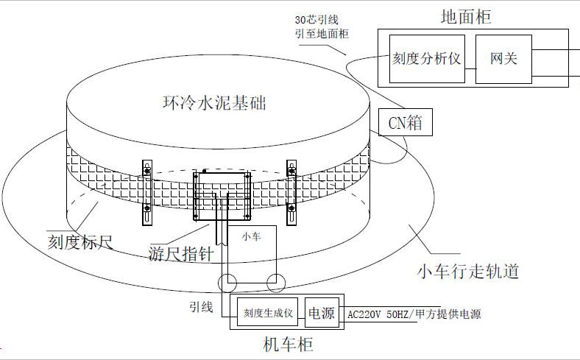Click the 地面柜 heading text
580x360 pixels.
tap(466, 16)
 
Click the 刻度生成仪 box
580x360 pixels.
tap(269, 313)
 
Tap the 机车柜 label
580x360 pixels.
tap(293, 344)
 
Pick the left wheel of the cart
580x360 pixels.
tap(227, 282)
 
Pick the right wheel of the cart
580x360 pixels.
tap(276, 282)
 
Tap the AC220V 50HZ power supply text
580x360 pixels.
tap(414, 314)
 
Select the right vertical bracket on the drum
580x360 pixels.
tap(291, 193)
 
